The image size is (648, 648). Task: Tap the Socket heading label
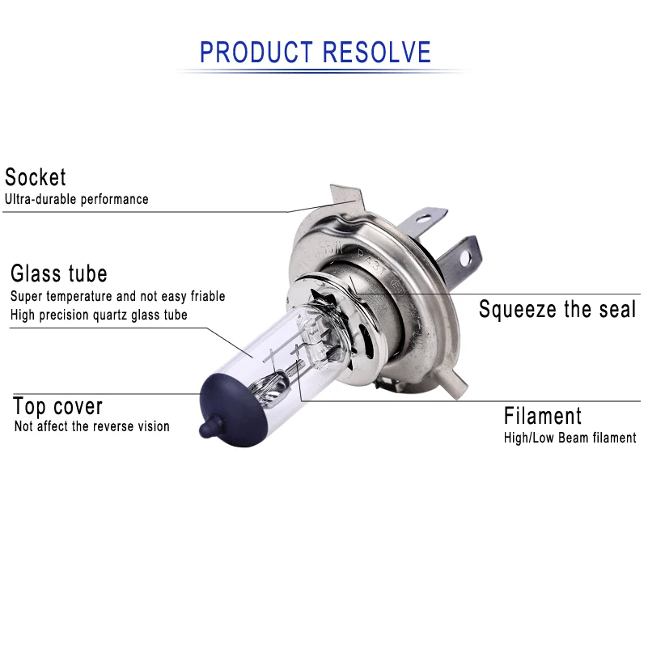[36, 177]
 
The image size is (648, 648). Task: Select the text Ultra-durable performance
[77, 199]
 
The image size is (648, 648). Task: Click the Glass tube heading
[58, 273]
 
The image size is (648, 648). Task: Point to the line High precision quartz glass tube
[99, 315]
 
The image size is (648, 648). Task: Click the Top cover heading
[58, 406]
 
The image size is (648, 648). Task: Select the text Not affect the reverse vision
[91, 426]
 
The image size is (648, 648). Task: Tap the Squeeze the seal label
[557, 309]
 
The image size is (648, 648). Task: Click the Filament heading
[543, 416]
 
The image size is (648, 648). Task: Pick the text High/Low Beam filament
[570, 438]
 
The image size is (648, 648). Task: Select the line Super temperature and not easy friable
[117, 297]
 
